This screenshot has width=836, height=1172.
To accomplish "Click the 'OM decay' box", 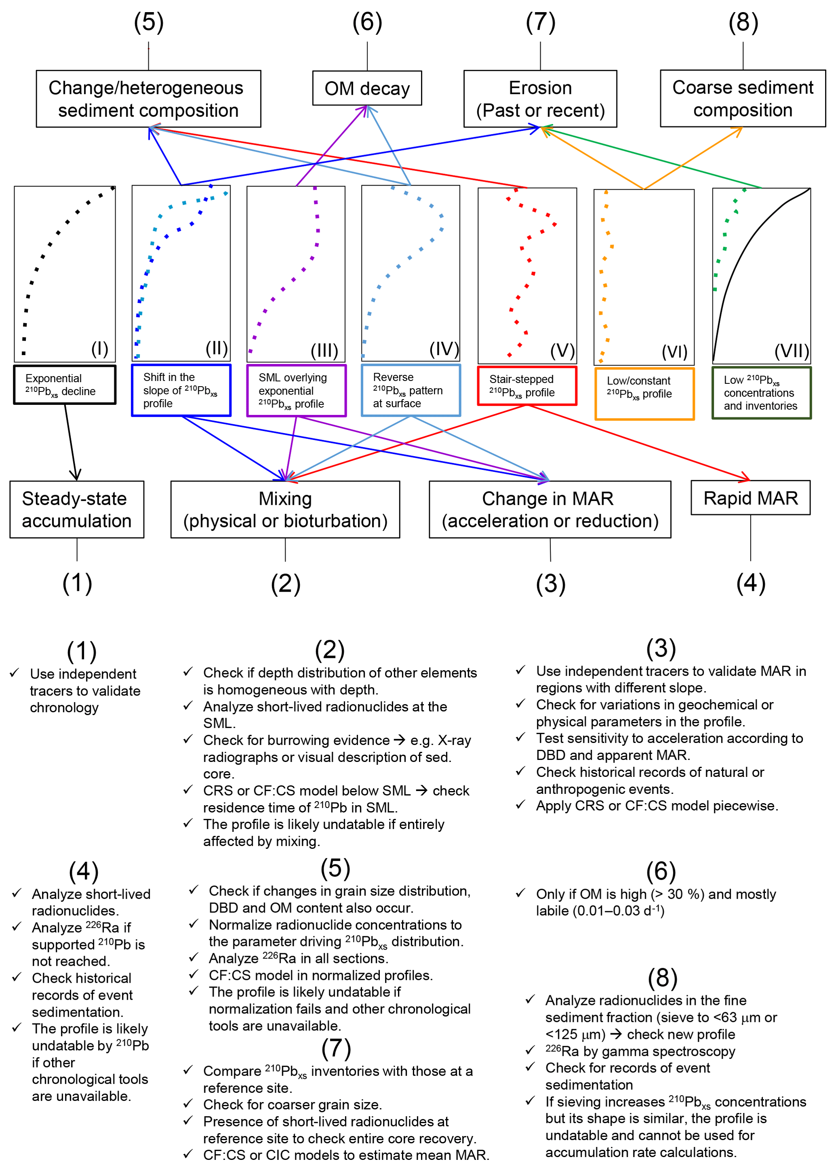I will pos(366,89).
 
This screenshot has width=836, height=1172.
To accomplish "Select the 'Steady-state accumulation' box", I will pos(77,509).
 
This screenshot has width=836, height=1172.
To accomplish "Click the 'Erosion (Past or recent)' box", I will pos(540,99).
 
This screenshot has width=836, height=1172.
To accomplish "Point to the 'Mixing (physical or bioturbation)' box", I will pos(285,509).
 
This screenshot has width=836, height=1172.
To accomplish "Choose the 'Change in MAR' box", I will pos(550,509).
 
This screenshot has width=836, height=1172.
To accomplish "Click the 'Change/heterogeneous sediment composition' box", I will pos(148,99).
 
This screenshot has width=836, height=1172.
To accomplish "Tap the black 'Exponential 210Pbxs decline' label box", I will pos(65,385).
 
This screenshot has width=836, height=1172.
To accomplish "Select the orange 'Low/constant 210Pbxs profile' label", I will pos(644,393).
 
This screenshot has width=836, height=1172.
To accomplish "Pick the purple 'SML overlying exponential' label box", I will pos(296,391).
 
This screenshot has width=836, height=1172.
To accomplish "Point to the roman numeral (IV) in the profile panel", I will pos(444,349).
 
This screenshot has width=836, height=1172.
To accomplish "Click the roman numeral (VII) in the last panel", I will pos(791,351).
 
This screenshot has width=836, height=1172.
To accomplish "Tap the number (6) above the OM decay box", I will pos(367,22).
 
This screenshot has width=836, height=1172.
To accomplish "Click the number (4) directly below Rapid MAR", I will pos(751,583).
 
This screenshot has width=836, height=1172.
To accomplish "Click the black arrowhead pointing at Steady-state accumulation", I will pos(76,474).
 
